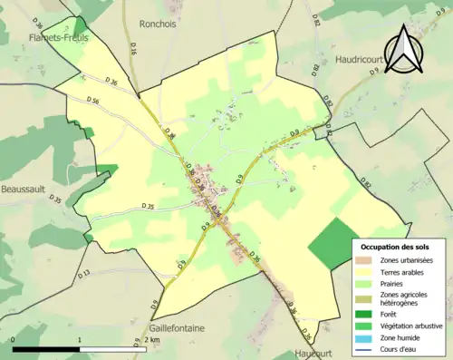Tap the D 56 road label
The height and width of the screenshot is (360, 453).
point(93,100)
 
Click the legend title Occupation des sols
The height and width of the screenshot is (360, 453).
point(395,247)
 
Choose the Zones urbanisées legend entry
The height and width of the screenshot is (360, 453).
point(406,261)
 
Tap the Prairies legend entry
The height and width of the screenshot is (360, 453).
point(393,283)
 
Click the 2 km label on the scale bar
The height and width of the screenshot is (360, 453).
point(152,340)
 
